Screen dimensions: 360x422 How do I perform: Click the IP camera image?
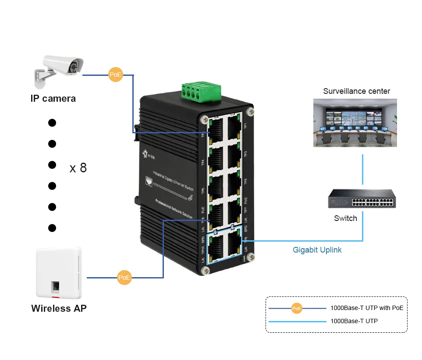[x=59, y=70]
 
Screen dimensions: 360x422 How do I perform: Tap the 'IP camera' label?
[x=53, y=98]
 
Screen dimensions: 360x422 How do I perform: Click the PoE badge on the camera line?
[x=115, y=75]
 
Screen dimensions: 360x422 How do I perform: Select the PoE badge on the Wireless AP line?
[x=124, y=278]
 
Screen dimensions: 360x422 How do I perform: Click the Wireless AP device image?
[x=59, y=273]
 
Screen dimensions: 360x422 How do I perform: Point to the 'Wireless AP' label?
[x=59, y=308]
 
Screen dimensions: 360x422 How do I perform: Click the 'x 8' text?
[x=78, y=168]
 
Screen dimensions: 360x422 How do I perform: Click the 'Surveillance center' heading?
[x=356, y=91]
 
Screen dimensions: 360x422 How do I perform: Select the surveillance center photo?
[x=355, y=122]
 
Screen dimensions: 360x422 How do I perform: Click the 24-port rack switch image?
[x=362, y=198]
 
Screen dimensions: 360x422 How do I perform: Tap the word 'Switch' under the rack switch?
[x=345, y=218]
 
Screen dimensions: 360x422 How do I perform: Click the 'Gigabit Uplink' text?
[x=317, y=250]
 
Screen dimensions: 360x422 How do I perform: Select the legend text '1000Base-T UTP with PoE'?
[x=367, y=308]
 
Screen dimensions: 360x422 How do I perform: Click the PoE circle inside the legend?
[x=297, y=308]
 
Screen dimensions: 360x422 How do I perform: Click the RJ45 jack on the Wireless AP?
[x=58, y=287]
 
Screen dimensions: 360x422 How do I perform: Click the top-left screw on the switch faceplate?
[x=204, y=118]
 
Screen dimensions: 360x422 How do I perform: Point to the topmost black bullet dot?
[x=52, y=123]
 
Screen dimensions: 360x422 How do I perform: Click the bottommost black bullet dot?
[x=52, y=228]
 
